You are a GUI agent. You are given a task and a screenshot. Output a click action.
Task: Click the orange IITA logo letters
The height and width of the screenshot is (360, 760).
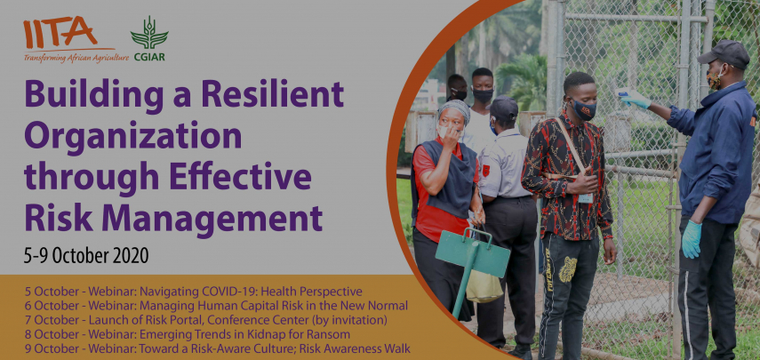60,32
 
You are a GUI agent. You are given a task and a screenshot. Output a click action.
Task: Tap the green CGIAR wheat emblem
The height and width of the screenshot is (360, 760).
148,33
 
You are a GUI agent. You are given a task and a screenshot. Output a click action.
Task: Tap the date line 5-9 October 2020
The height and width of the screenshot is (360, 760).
86,255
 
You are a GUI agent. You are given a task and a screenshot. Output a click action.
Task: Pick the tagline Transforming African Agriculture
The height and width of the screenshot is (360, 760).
76,58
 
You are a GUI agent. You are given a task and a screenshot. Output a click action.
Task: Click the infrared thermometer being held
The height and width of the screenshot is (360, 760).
624,92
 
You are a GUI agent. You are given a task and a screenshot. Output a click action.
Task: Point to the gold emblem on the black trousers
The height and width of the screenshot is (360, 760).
568,269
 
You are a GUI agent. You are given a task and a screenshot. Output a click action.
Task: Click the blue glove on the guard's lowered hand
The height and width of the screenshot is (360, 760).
692,238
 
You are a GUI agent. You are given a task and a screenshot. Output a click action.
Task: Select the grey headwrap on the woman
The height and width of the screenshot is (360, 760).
454,110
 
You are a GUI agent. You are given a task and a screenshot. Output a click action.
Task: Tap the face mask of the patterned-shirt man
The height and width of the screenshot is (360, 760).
584,110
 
